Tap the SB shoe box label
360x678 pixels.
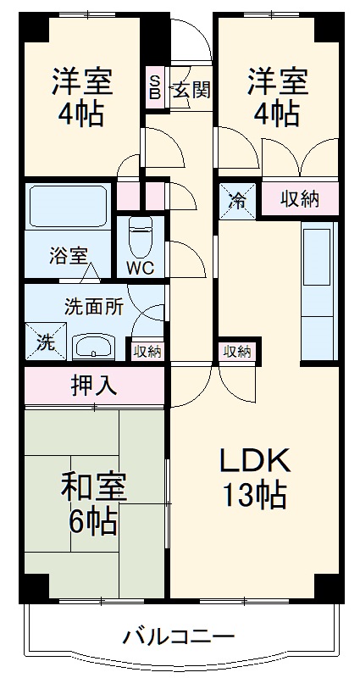(x=155, y=87)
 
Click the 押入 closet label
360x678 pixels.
(x=94, y=387)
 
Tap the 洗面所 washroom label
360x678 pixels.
(x=94, y=307)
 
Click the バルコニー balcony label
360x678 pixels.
(x=177, y=636)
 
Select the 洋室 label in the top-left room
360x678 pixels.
(x=81, y=82)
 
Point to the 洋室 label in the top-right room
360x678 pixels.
(x=277, y=82)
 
